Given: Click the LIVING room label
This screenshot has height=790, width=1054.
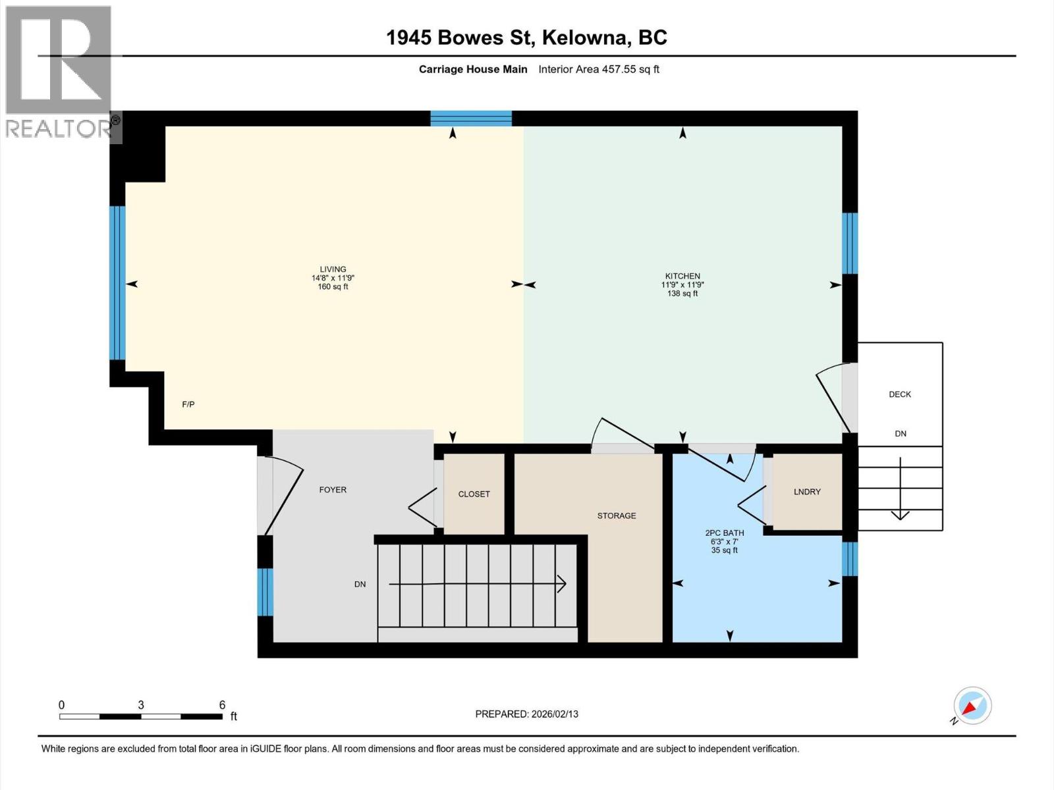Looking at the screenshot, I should click(333, 269).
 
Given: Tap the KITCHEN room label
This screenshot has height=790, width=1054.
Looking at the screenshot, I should click(682, 276).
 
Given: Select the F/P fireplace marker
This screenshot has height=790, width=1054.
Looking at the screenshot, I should click(188, 404).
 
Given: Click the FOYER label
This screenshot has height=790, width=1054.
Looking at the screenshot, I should click(333, 490).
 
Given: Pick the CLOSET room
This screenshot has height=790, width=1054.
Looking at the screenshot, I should click(474, 494).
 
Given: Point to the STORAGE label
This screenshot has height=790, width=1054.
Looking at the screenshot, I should click(617, 515).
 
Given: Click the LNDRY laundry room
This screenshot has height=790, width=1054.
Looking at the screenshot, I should click(807, 492).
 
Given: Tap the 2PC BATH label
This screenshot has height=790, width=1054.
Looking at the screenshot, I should click(724, 533).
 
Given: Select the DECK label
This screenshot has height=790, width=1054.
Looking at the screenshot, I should click(900, 394).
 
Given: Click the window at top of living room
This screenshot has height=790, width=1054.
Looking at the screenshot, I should click(471, 118).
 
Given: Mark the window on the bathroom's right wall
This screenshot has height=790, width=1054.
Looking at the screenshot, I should click(850, 558).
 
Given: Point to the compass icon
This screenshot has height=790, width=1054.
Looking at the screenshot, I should click(972, 706).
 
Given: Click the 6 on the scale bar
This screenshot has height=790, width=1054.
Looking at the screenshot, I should click(222, 704).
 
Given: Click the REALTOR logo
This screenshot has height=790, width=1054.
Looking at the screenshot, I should click(59, 72).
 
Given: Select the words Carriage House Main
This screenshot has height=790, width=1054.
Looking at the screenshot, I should click(473, 69).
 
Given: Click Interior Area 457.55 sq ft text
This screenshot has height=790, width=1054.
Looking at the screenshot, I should click(599, 69).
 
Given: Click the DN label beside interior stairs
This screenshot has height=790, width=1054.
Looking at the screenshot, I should click(360, 584).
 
